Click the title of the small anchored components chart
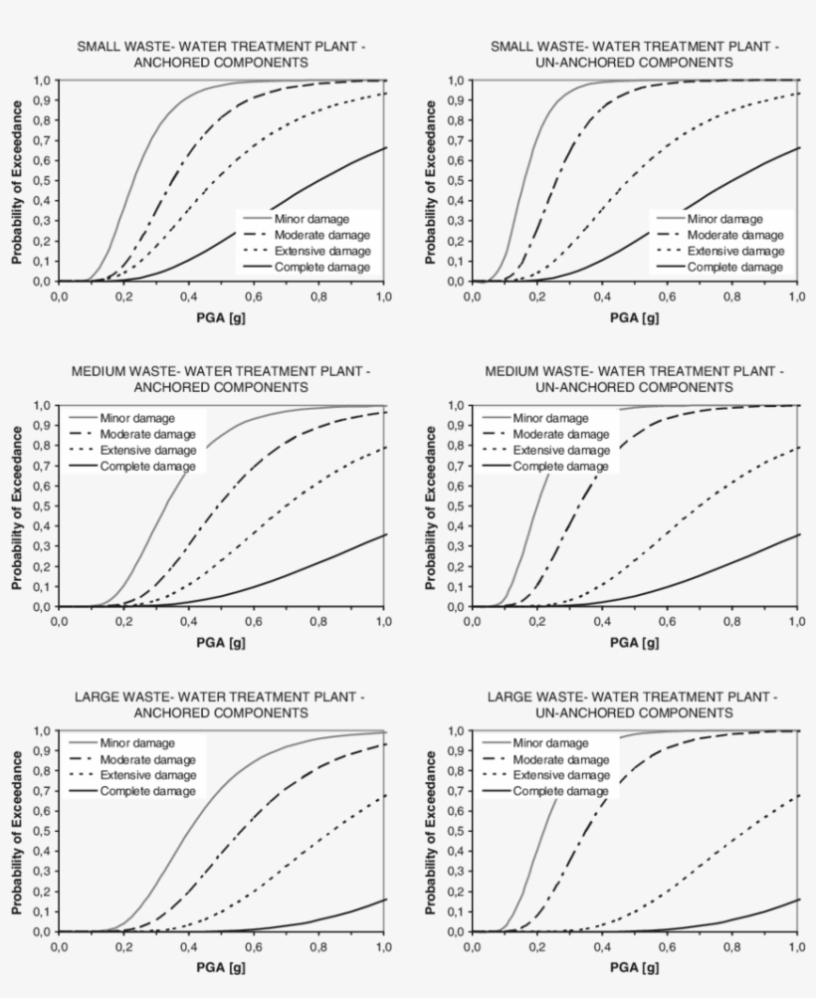pos(221,55)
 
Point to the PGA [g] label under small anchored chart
pos(221,318)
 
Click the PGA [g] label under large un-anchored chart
pos(634,967)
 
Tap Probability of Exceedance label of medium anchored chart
pos(18,505)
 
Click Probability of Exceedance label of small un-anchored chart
pos(430,180)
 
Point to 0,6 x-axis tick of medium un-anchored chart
pos(667,622)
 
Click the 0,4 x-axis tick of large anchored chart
pos(189,947)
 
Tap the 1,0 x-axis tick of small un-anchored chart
pos(796,297)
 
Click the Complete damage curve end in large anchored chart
pos(385,899)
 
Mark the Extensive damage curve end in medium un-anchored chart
pos(797,448)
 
